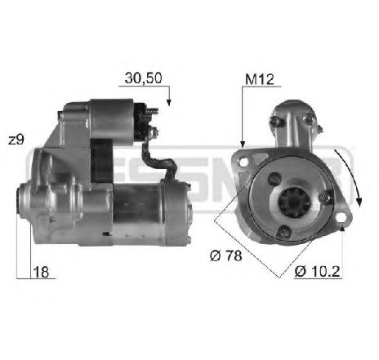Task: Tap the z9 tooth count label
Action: [x=15, y=140]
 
